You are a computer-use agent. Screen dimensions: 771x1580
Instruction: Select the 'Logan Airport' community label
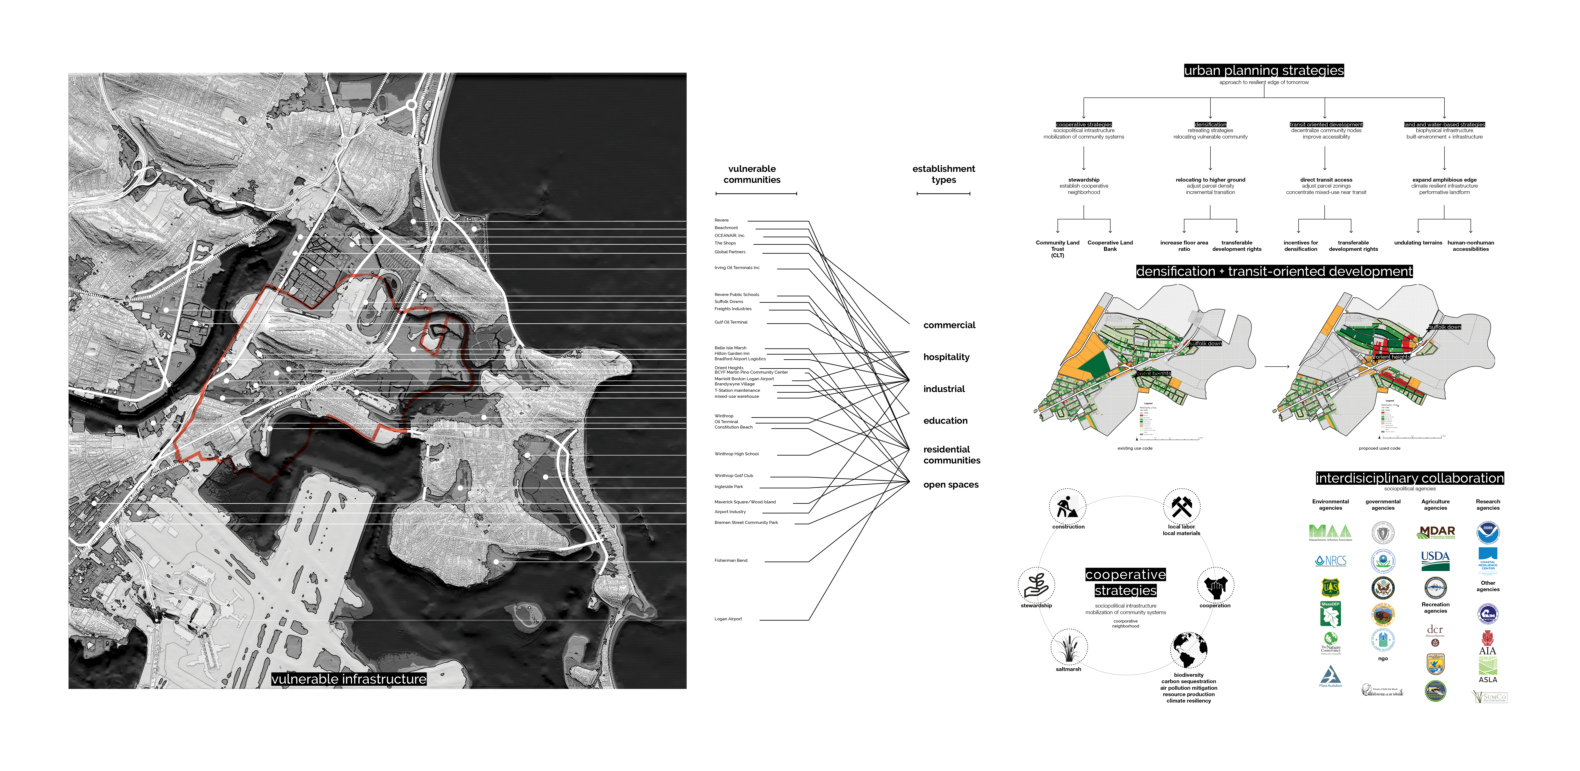(728, 619)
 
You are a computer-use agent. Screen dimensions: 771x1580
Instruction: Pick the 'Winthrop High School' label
(736, 454)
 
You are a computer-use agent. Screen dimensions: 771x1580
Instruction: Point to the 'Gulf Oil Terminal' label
(730, 322)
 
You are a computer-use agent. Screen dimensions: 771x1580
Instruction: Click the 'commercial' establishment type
(949, 325)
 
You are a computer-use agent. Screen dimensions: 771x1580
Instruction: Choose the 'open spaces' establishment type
(951, 485)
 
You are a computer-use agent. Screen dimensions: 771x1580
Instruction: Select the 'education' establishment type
(945, 421)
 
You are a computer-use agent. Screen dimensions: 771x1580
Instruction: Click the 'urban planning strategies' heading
(1263, 70)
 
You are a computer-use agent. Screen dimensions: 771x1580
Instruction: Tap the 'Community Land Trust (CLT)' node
(1057, 248)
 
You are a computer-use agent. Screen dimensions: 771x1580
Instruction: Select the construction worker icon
(1067, 507)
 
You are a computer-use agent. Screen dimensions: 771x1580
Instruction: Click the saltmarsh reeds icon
(1069, 647)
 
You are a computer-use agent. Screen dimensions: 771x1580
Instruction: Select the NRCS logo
(1330, 561)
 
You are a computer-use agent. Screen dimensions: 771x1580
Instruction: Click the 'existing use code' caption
(1135, 448)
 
